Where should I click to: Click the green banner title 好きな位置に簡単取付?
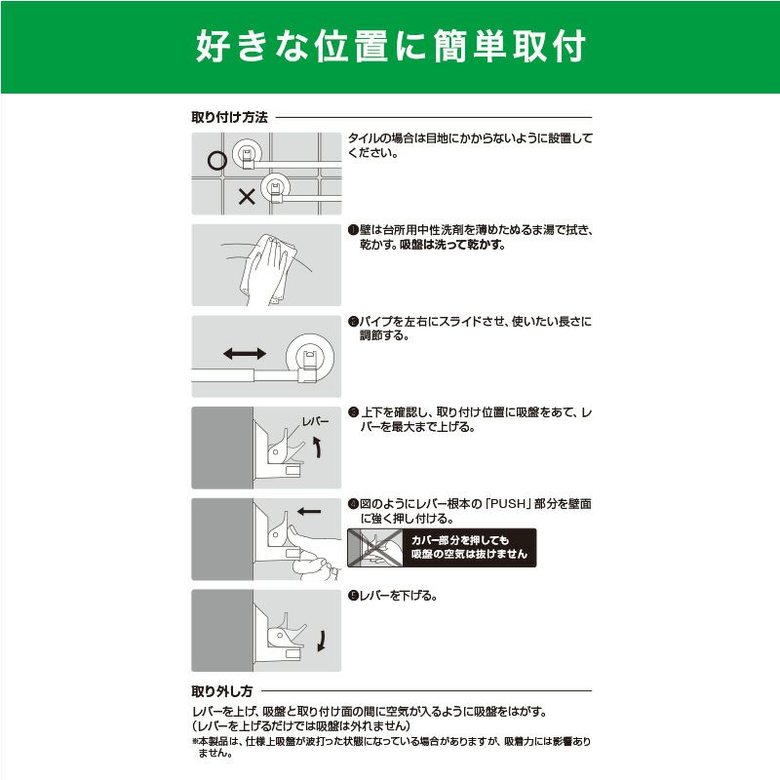tap(391, 46)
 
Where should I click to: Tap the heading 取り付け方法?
tap(230, 117)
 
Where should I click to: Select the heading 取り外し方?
tap(222, 691)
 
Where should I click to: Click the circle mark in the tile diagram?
tap(216, 160)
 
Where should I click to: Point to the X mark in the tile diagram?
tap(247, 197)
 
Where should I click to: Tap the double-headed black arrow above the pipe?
tap(245, 354)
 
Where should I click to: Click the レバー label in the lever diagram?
tap(315, 422)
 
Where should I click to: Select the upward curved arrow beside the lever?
tap(317, 447)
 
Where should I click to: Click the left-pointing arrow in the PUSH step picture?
tap(309, 511)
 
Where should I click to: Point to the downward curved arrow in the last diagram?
tap(322, 641)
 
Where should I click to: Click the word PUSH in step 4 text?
tap(508, 504)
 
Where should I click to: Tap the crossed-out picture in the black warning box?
tap(375, 548)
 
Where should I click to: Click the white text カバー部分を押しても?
tap(459, 540)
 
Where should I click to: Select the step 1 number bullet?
tap(353, 230)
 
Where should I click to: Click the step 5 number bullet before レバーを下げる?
tap(353, 596)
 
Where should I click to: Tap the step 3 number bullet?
tap(353, 412)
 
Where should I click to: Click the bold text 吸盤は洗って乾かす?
tap(452, 245)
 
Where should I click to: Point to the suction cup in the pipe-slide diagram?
tap(310, 356)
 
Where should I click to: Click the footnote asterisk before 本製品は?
tap(195, 742)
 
